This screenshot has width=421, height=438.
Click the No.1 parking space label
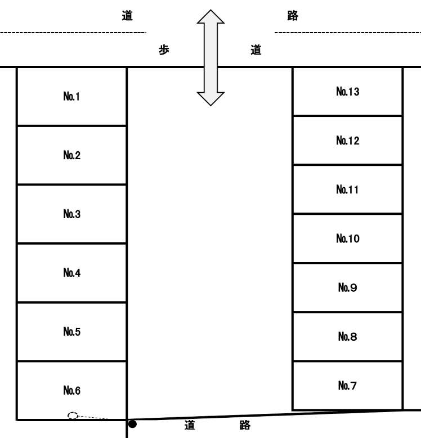coord(71,97)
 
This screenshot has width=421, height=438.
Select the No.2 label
coord(71,156)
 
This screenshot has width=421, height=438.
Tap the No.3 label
coord(71,214)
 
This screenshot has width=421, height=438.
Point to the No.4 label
coord(71,273)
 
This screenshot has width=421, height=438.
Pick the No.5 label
coord(71,332)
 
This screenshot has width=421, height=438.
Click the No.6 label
coord(71,390)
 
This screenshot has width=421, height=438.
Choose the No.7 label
coord(347,385)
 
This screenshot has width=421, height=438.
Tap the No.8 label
coord(347,336)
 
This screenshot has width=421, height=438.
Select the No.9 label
coord(347,287)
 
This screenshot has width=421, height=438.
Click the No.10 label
coord(347,239)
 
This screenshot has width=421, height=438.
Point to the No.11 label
coord(347,189)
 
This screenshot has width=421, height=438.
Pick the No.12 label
coord(347,140)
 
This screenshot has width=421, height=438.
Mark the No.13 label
coord(347,91)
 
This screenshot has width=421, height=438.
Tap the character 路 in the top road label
coord(292,16)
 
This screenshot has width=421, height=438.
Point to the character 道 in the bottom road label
coord(190,426)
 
